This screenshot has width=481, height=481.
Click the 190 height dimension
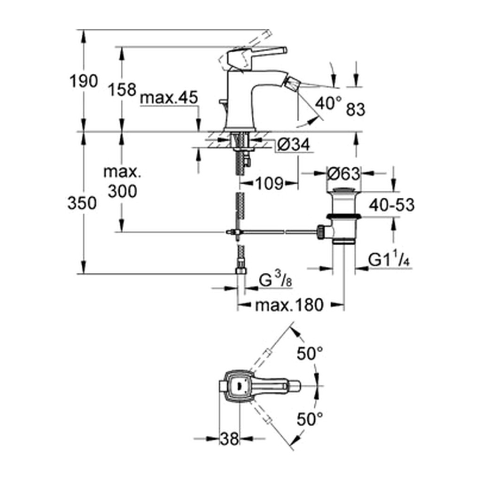pos(84,81)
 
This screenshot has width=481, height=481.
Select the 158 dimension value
pos(122,90)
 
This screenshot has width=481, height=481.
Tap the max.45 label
pos(169,98)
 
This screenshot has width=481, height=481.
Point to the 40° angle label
pos(328,103)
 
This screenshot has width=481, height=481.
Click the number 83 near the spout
pos(356,109)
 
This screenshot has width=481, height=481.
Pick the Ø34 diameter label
pos(293,144)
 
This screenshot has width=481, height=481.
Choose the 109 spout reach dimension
pos(269,184)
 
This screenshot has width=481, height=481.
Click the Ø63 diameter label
pos(343,174)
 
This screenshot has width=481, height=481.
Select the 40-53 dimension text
pos(392,205)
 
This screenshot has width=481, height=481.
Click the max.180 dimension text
pos(289,305)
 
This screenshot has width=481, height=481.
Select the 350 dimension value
pos(82,203)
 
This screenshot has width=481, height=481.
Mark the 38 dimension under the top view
pos(229,439)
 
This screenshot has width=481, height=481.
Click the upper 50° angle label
pos(310,353)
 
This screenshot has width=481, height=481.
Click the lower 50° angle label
pos(310,419)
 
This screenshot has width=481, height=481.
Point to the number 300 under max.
pos(123,192)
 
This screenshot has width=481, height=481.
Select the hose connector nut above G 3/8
pos(241,270)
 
